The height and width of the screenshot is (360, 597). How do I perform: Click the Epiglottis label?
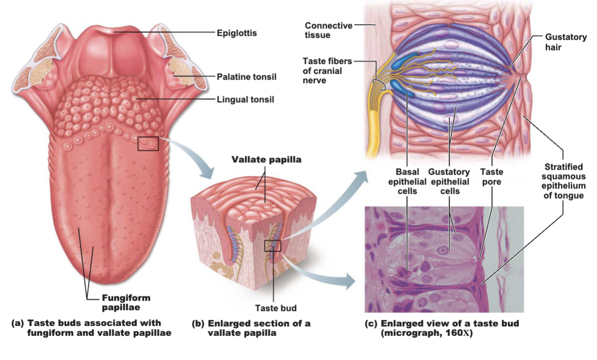click(237, 33)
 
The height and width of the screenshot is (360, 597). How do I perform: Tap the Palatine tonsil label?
click(246, 77)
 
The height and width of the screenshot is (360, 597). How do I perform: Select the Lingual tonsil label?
click(245, 99)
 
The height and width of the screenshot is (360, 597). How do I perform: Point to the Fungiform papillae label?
click(126, 302)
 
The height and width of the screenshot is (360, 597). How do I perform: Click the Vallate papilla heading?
click(266, 160)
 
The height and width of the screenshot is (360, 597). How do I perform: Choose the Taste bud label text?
click(276, 308)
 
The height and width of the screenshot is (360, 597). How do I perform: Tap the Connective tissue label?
click(328, 30)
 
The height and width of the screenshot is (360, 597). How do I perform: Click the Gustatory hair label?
click(566, 42)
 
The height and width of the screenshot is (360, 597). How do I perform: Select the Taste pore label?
click(492, 177)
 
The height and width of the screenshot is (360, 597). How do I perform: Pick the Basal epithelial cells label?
click(407, 181)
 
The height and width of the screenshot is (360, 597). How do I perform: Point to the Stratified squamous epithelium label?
click(564, 181)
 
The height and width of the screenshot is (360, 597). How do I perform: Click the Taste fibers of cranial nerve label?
click(328, 71)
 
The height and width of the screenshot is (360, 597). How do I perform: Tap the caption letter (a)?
click(17, 323)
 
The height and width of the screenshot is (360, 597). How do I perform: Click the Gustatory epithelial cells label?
click(449, 181)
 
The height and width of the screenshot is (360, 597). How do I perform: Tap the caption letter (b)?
click(198, 324)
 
